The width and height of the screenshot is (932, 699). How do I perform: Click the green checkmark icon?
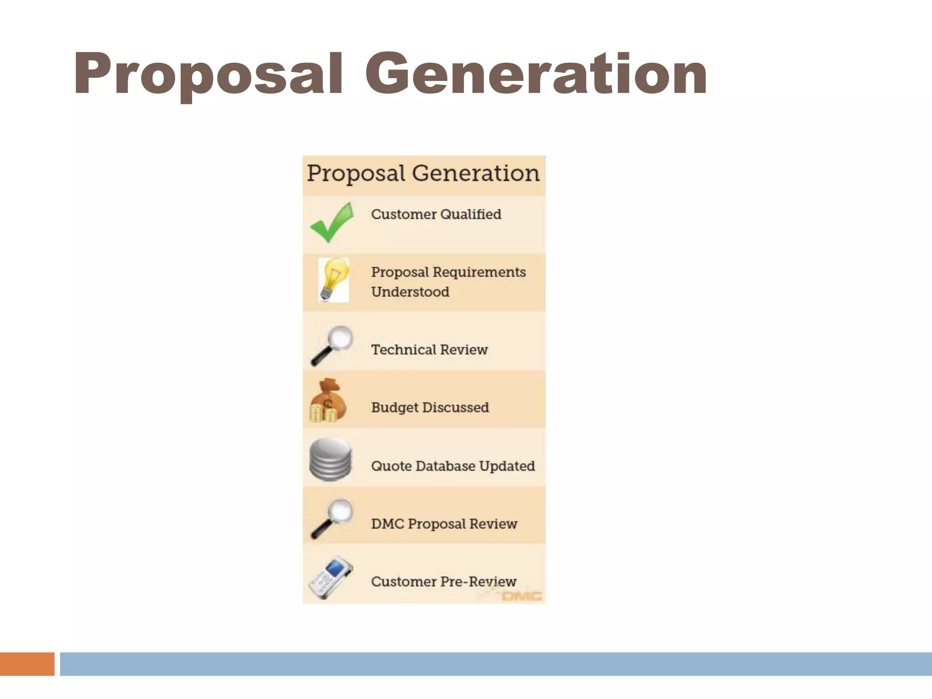point(332,223)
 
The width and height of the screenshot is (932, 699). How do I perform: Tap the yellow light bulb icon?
point(334,279)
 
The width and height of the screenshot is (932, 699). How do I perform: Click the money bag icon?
point(328,401)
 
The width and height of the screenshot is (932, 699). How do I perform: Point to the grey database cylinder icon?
point(330,459)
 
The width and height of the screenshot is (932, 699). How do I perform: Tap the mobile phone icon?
point(331,577)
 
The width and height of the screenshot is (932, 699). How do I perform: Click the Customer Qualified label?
point(436,214)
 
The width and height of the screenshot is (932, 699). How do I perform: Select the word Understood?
point(410,292)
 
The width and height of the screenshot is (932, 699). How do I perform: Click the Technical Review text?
point(429,349)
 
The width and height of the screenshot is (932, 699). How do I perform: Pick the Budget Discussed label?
point(430,407)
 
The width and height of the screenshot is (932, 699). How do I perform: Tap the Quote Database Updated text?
point(453,466)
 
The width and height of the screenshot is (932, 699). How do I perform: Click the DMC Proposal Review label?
point(444,524)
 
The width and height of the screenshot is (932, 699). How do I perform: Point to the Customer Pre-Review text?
point(444,582)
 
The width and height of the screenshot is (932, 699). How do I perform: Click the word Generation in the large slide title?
point(536,74)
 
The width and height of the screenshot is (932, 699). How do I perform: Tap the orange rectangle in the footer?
point(27,664)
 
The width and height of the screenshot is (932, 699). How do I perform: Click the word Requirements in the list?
point(479,272)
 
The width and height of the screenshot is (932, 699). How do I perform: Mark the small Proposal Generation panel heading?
point(423,174)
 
